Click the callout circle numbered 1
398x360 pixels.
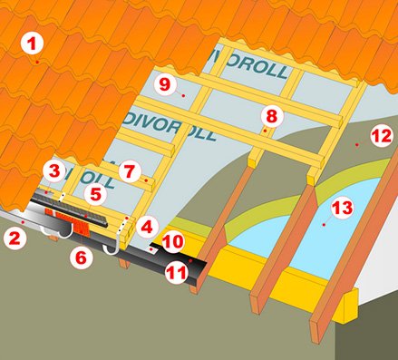click(32, 44)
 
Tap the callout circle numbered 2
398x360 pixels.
click(15, 238)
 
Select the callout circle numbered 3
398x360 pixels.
click(54, 171)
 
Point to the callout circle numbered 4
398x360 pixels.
click(147, 227)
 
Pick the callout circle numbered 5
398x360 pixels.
click(95, 195)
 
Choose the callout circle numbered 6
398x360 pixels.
click(82, 258)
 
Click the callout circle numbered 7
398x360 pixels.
click(130, 171)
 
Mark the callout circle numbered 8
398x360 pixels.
click(272, 116)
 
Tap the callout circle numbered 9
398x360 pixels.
click(165, 84)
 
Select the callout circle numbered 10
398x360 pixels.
click(173, 241)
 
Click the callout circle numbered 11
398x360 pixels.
click(177, 273)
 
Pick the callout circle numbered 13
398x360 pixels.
click(342, 208)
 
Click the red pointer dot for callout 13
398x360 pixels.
click(324, 225)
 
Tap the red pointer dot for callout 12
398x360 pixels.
click(357, 145)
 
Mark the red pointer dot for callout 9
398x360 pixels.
click(183, 95)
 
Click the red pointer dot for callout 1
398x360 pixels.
click(37, 62)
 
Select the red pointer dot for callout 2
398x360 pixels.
click(23, 222)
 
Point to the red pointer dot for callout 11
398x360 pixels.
click(190, 260)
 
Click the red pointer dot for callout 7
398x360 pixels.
click(146, 180)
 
